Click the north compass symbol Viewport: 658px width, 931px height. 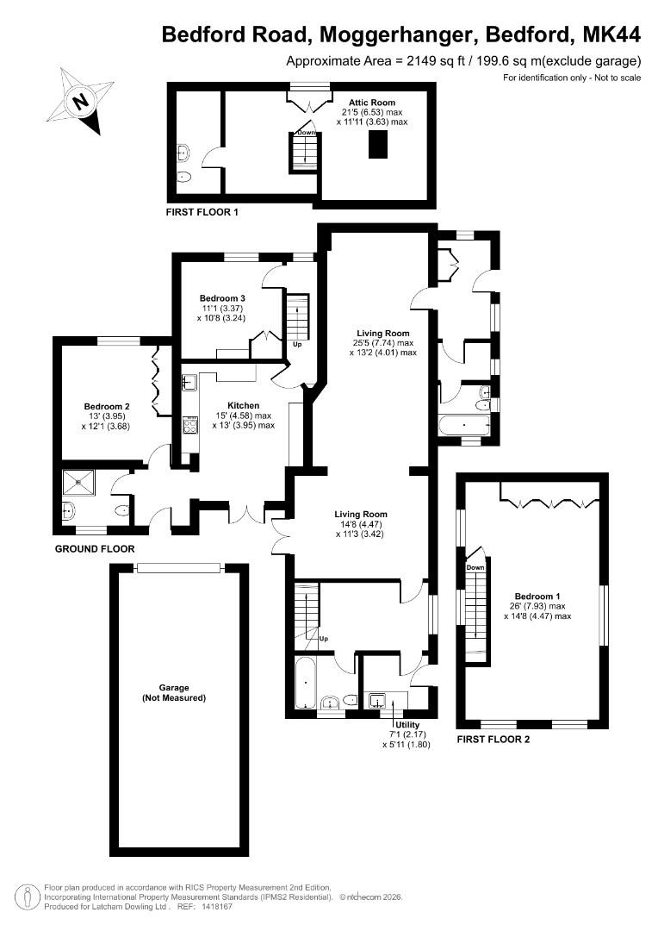point(81,101)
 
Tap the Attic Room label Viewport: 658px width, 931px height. point(371,103)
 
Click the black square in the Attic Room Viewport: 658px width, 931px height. point(377,146)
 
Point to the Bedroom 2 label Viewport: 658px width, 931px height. point(107,407)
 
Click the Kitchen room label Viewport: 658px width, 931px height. point(243,405)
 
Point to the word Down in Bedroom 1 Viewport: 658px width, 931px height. point(475,568)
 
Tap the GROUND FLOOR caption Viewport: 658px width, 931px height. point(95,549)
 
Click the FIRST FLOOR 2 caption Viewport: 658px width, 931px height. point(493,740)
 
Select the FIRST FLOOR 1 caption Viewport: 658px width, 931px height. point(202,211)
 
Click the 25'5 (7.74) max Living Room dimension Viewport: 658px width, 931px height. point(383,342)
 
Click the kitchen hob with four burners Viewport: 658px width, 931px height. point(189,426)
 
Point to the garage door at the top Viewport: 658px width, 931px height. point(178,566)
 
